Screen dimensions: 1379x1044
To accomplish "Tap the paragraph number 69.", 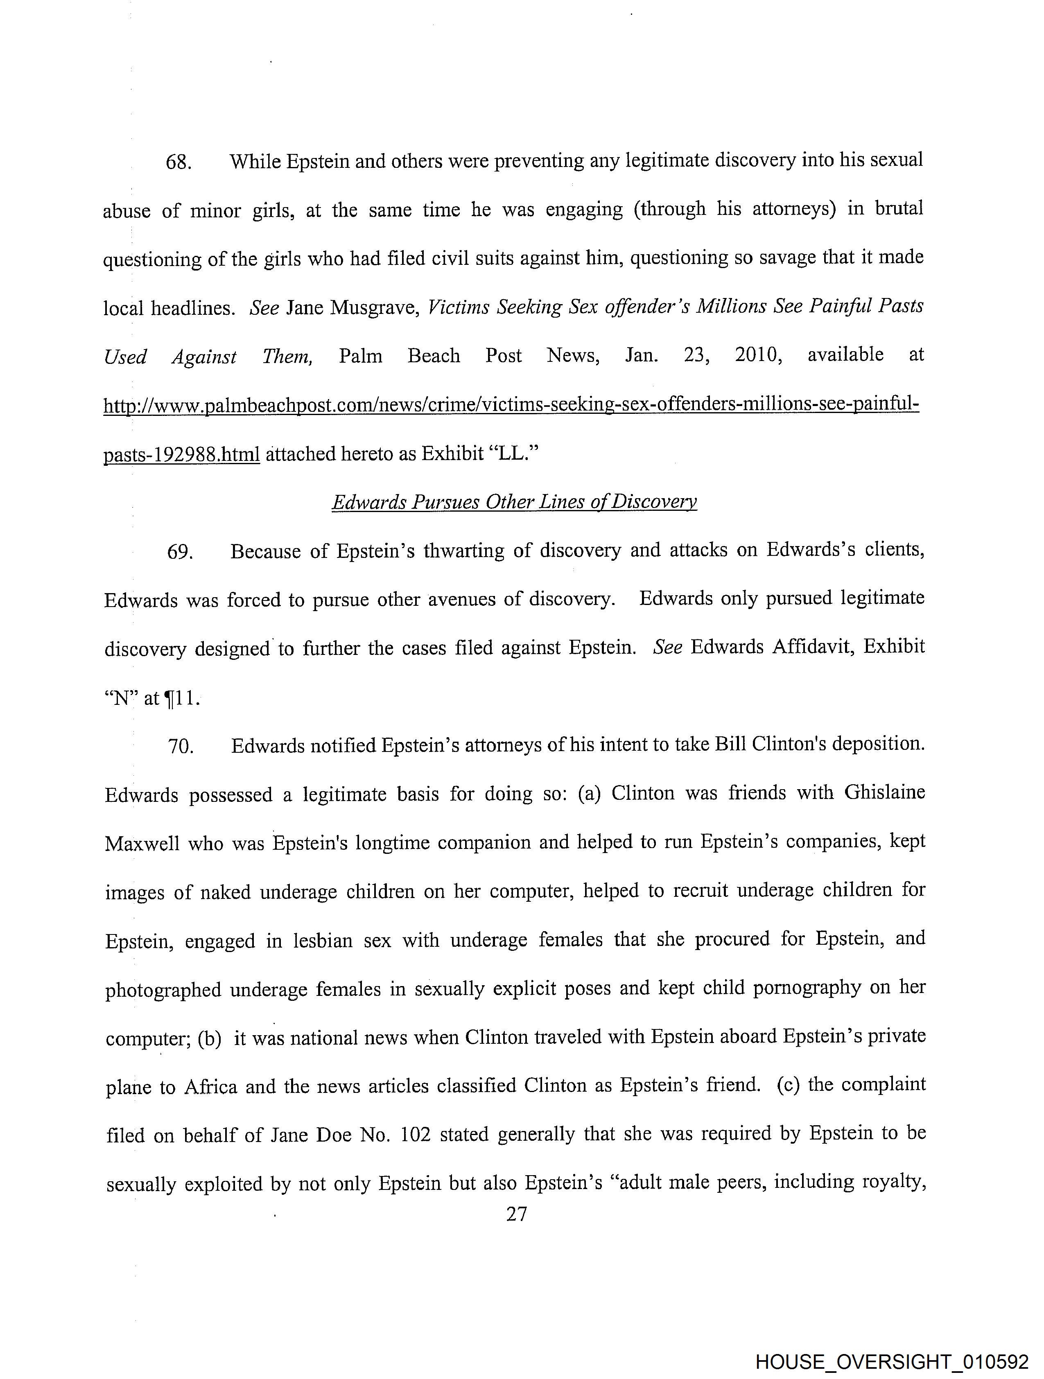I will point(180,552).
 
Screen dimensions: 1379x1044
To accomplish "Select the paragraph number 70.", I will point(181,746).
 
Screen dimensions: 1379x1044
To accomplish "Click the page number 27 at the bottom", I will point(517,1214).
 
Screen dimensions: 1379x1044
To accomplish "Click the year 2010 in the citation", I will point(758,355).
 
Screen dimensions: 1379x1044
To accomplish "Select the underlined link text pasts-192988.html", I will point(181,454).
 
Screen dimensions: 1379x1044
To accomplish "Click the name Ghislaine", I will point(884,792).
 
